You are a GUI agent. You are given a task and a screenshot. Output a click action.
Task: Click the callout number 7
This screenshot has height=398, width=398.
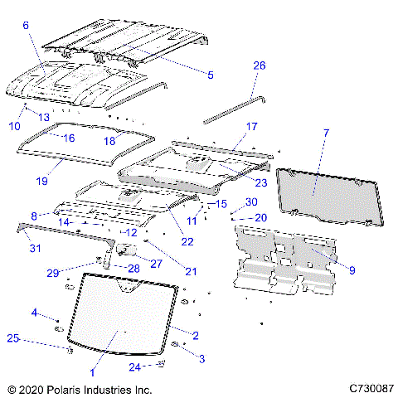click(326, 133)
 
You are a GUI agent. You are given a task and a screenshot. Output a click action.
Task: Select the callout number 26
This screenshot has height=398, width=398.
click(259, 66)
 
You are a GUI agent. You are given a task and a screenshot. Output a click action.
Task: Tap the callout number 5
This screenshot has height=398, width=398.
click(211, 75)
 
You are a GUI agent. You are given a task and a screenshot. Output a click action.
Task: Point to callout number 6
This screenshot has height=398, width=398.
click(26, 26)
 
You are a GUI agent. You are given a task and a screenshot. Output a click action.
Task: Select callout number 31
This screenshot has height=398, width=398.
click(34, 247)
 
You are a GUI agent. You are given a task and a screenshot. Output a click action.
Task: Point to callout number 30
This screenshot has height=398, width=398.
click(251, 201)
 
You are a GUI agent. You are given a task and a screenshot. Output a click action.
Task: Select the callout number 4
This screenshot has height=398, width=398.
click(34, 312)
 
